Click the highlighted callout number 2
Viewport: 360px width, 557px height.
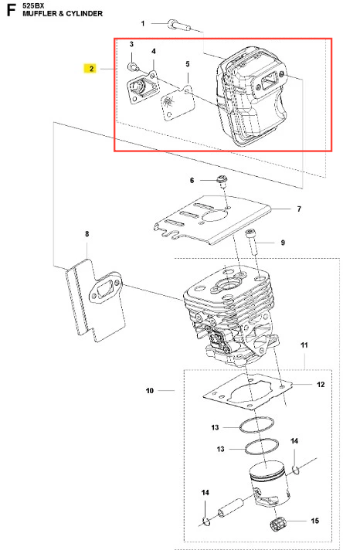coord(91,68)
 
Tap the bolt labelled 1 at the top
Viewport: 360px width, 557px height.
coord(178,25)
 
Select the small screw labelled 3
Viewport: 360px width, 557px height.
coord(133,66)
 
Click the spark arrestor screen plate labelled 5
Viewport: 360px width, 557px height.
coord(178,103)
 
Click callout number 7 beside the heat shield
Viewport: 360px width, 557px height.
coord(299,209)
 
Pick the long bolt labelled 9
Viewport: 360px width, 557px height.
coord(253,242)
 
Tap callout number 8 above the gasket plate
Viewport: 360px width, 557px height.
coord(87,234)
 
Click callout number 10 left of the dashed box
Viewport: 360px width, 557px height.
coord(150,391)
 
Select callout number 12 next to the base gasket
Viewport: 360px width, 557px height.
coord(321,385)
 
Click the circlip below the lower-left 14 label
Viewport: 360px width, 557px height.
coord(205,521)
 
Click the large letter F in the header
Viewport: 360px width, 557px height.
coord(11,10)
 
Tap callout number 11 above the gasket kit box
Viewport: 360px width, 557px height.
coord(304,345)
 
